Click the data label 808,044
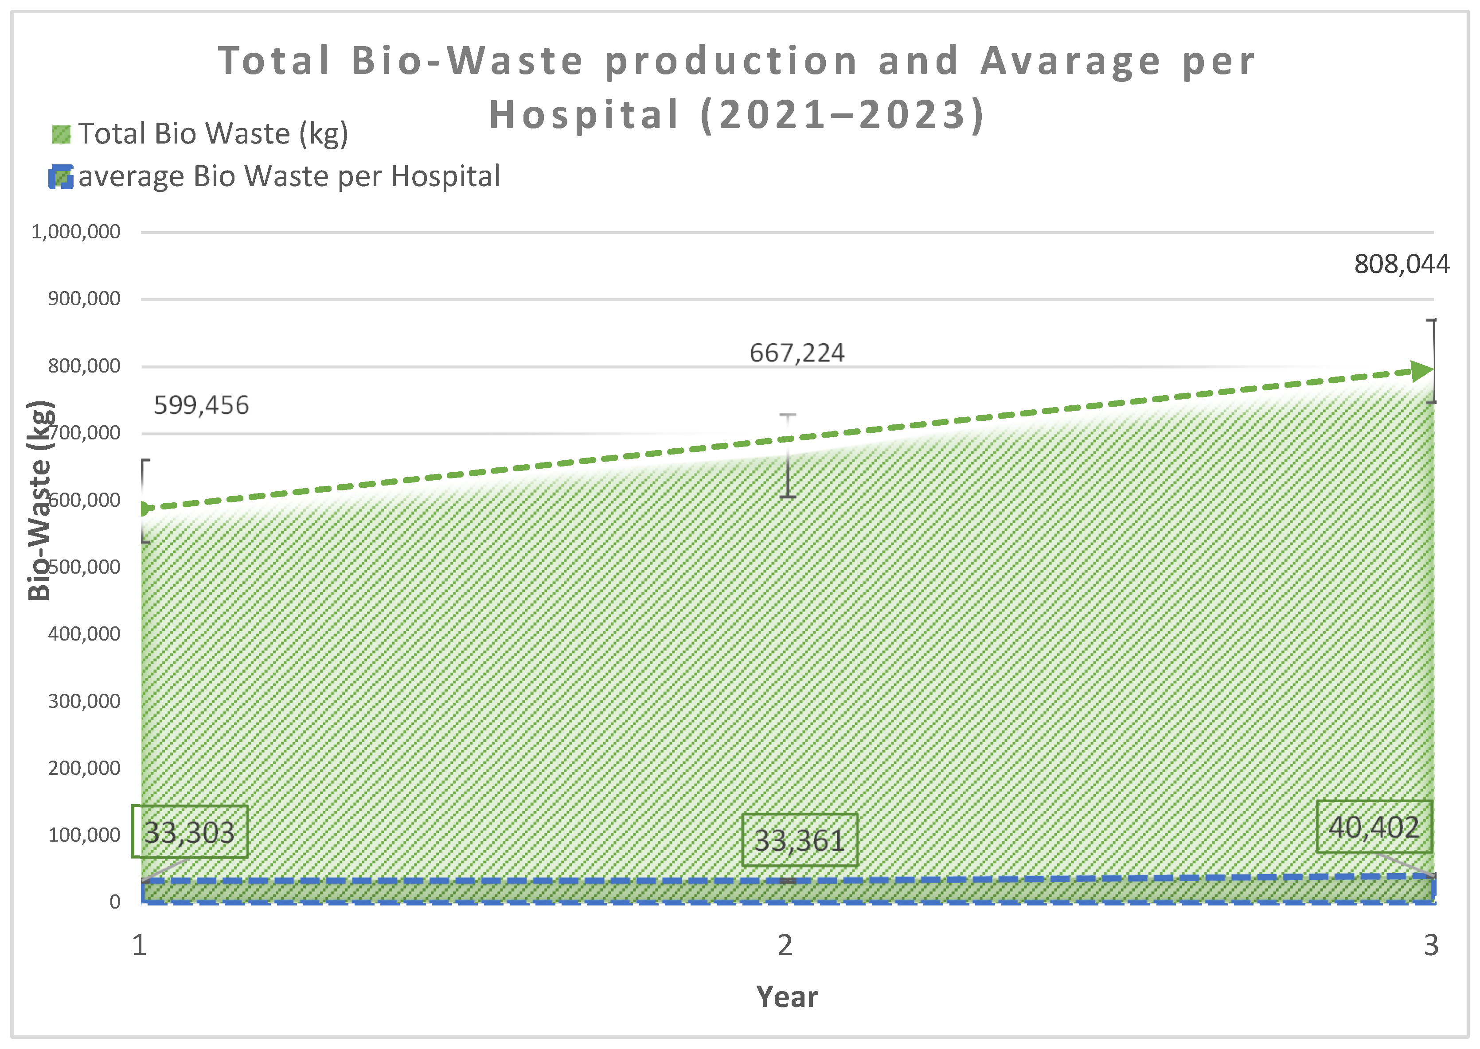pos(1401,264)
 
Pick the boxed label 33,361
pos(800,840)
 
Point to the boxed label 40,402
pos(1374,828)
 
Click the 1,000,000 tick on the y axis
pos(76,232)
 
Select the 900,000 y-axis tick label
pos(84,299)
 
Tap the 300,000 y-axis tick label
pos(84,701)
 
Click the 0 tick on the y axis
pos(114,902)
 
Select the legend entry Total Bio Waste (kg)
pos(213,134)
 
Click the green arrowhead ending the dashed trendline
pos(1422,371)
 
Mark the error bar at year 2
pos(787,456)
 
